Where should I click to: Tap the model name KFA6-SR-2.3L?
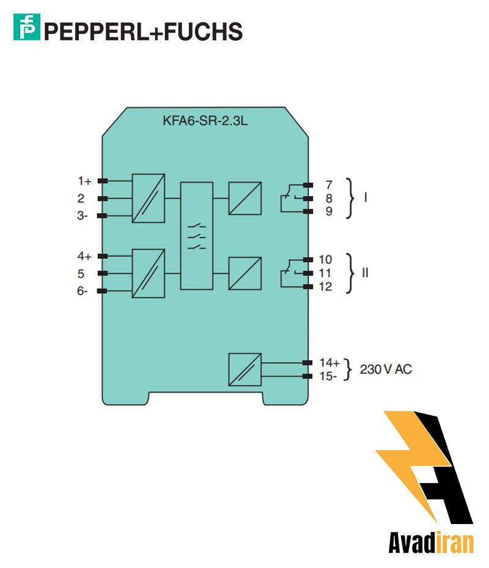tap(205, 120)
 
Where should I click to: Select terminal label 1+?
tap(84, 181)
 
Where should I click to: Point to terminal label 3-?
tap(83, 216)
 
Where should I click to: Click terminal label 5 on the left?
tap(81, 274)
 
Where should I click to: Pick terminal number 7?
tap(328, 184)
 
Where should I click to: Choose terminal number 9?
tap(328, 212)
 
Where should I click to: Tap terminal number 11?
tap(326, 273)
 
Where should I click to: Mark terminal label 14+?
tap(329, 363)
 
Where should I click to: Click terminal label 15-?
tap(328, 376)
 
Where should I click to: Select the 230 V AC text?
tap(386, 370)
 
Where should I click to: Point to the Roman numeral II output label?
tap(365, 273)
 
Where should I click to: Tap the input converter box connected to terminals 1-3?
tap(149, 198)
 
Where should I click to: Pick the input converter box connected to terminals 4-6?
tap(149, 273)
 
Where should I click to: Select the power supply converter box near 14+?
tap(244, 370)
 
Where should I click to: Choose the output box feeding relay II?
tap(244, 273)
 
